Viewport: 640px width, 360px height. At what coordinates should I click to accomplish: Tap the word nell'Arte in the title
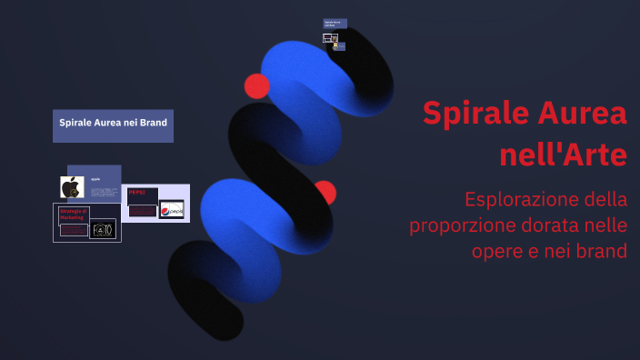563,155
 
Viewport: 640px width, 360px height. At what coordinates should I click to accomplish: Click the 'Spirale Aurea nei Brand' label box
113,123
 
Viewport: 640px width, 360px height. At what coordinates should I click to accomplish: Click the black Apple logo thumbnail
72,187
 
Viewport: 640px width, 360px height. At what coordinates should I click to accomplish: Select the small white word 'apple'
95,179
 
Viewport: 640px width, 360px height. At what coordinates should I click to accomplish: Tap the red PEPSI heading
138,192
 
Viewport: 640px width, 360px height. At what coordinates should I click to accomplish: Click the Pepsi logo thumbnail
172,210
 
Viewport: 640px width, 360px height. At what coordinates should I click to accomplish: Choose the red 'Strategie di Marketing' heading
72,215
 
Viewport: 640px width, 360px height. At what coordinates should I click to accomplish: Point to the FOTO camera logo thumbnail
102,229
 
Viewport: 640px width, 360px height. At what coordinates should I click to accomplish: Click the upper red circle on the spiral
257,85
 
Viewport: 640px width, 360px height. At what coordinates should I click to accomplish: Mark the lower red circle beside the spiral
325,192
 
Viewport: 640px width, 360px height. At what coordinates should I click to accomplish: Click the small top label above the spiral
334,23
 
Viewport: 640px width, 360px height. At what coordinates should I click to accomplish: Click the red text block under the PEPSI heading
142,210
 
